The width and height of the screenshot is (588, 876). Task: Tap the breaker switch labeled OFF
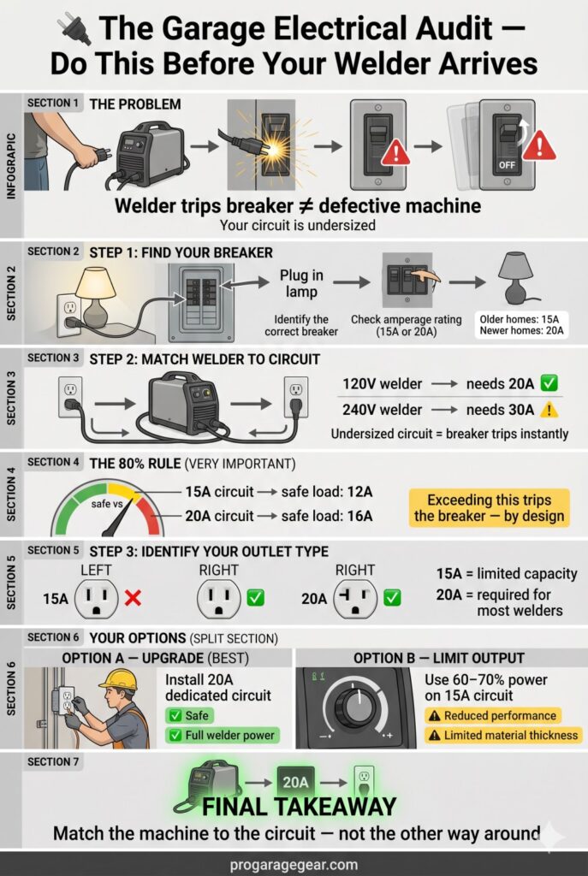coord(507,144)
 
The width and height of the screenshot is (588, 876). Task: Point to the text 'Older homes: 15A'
coord(520,319)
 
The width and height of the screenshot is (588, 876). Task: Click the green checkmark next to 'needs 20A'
coord(549,383)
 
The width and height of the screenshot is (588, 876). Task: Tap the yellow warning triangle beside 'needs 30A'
coord(549,410)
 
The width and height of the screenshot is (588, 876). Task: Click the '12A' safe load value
coord(359,492)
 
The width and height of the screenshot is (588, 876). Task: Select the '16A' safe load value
coord(359,516)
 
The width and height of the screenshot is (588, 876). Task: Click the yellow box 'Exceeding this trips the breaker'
coord(489,508)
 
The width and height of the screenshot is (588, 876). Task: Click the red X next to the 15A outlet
coord(133,598)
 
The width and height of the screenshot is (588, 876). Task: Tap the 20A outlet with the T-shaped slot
coord(355,599)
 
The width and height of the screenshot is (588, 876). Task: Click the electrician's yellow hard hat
coord(118,678)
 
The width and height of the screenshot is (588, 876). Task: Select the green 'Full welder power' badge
coord(223,735)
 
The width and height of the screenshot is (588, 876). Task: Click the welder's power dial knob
coord(356,707)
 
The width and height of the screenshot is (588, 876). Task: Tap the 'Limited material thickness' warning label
coord(502,735)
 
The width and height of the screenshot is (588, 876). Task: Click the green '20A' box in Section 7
coord(295,782)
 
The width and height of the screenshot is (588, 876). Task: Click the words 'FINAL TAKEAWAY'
coord(299,807)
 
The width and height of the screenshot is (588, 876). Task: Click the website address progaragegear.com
coord(294,865)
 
